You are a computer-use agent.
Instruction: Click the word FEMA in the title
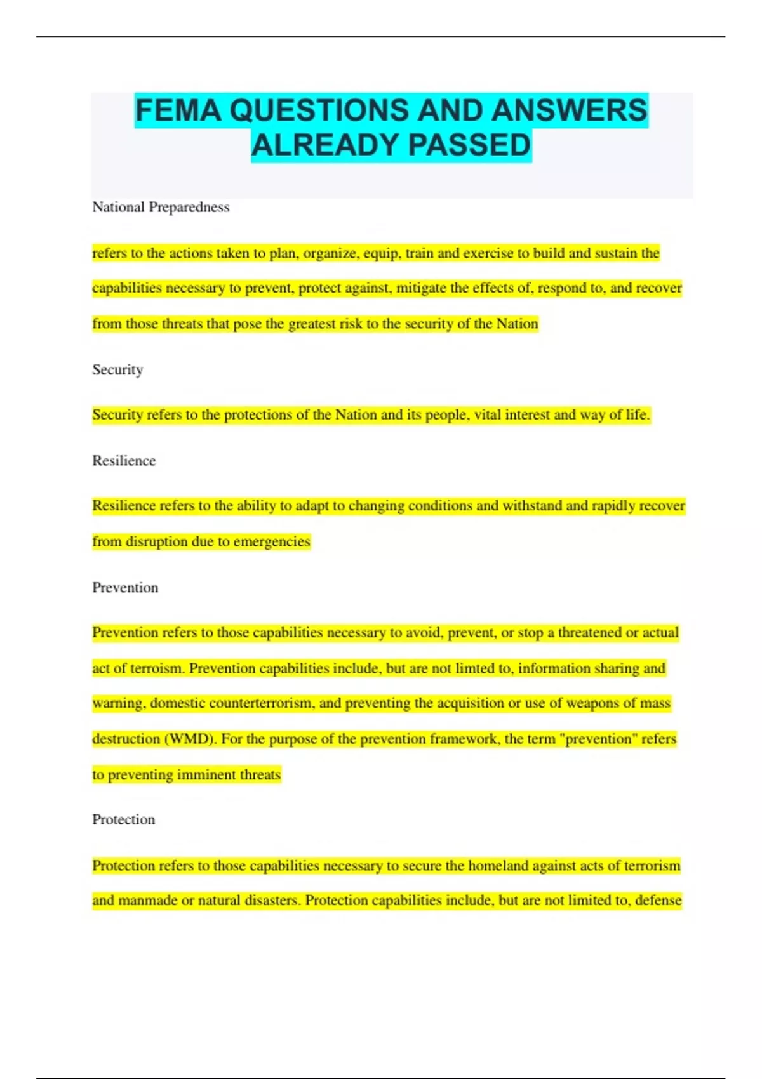178,110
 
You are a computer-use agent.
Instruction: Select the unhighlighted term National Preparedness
161,207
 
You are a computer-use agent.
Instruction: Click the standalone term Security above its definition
117,369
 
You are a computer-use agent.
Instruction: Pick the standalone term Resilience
124,460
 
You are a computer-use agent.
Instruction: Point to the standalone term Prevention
125,587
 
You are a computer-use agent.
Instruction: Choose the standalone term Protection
123,819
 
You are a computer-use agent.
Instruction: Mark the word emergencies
272,541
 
